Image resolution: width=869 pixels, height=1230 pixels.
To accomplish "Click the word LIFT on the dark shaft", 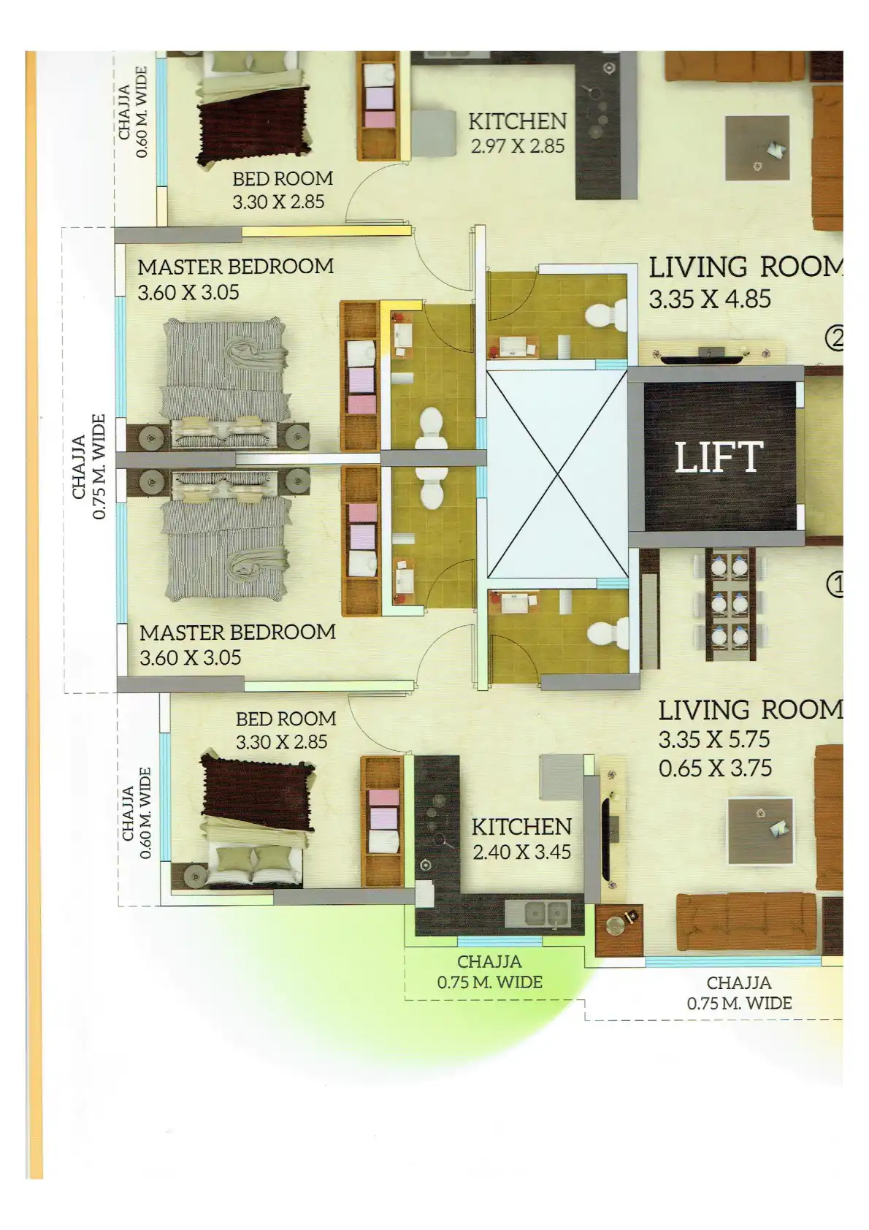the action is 719,457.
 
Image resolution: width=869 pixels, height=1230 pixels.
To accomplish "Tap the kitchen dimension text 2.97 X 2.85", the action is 518,146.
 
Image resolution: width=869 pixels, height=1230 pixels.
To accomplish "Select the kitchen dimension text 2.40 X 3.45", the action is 521,852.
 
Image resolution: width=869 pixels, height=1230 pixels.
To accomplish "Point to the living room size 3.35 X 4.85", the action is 711,299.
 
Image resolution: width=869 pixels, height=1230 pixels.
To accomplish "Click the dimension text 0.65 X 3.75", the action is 716,768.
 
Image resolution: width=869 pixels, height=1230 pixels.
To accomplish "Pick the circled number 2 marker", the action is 835,338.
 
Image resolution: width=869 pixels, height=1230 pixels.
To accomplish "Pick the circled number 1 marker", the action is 835,585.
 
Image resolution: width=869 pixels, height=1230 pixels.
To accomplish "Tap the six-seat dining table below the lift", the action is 729,605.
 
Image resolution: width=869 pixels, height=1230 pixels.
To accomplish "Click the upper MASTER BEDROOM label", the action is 235,267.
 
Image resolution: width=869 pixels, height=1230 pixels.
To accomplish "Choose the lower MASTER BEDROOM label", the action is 238,633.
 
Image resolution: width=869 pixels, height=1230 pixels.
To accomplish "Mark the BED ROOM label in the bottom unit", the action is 286,719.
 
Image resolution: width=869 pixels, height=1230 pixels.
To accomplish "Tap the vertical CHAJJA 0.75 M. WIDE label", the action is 90,467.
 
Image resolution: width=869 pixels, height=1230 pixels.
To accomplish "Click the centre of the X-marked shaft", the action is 557,474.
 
